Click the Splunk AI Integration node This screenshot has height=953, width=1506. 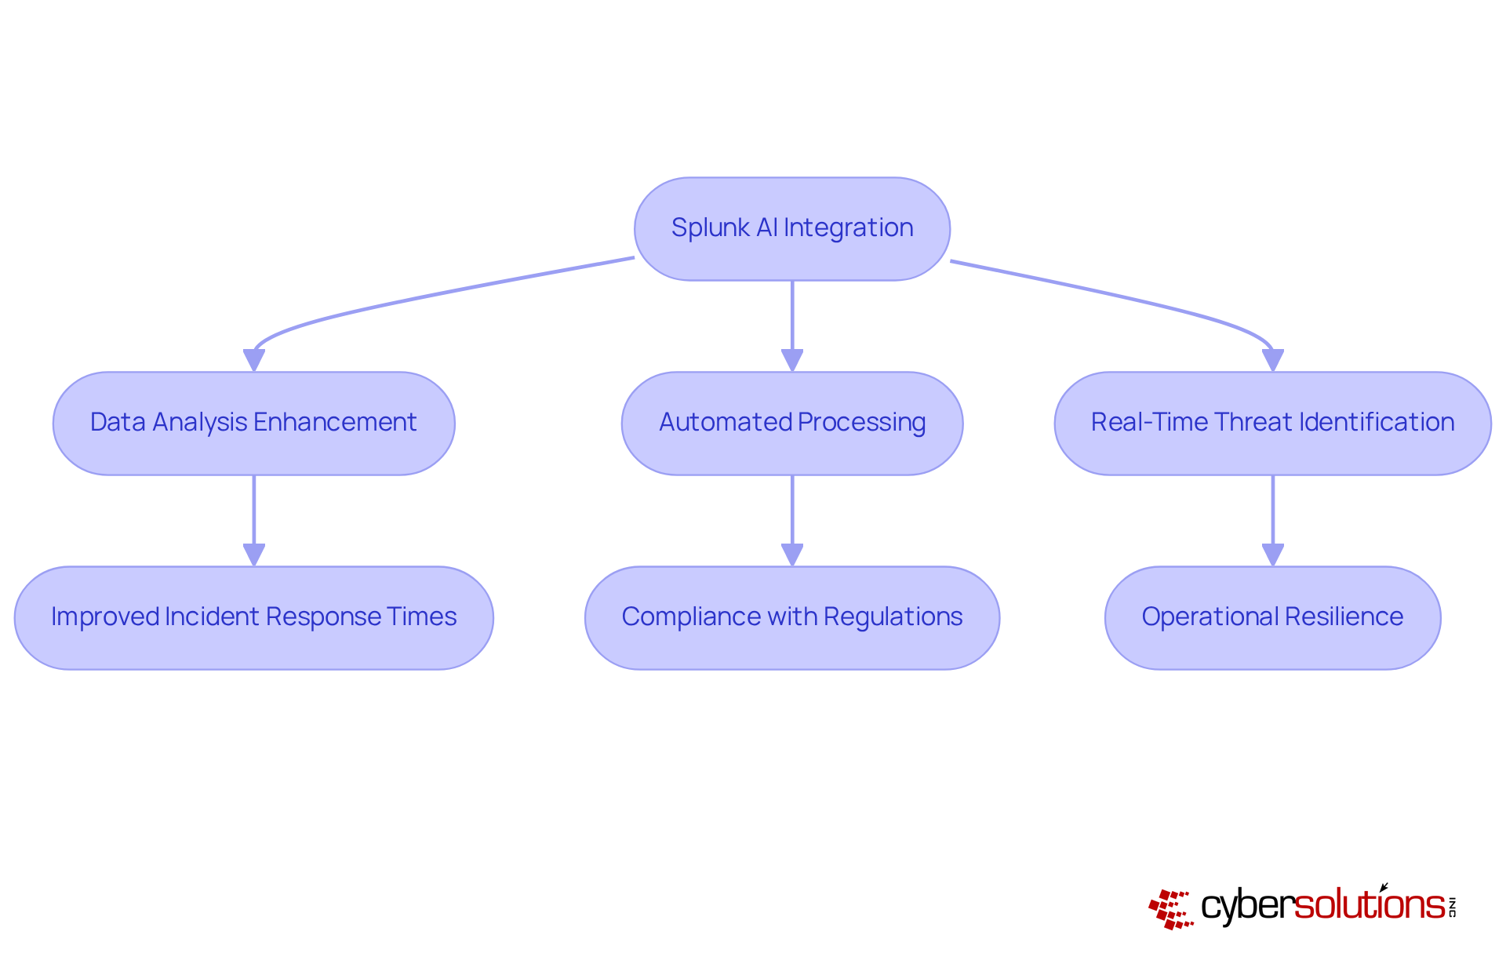(x=792, y=228)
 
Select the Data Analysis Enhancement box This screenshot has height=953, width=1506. (x=253, y=423)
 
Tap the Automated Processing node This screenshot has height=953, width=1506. (x=792, y=423)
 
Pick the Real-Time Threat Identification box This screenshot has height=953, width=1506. (x=1272, y=423)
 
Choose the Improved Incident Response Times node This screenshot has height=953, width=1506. (x=253, y=617)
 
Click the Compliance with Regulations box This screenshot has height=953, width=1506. (x=792, y=617)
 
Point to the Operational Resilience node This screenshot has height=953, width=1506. (x=1272, y=617)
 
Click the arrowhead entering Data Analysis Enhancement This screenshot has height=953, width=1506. (x=254, y=361)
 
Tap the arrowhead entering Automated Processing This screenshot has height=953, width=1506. (x=792, y=361)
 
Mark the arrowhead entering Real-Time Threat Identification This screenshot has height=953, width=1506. (x=1272, y=361)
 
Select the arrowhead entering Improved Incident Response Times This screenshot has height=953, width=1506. (x=254, y=555)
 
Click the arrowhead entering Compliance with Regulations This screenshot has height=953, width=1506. (x=792, y=555)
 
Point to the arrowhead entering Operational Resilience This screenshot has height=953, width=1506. (x=1272, y=555)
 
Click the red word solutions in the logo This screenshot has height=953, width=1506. (x=1370, y=905)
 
